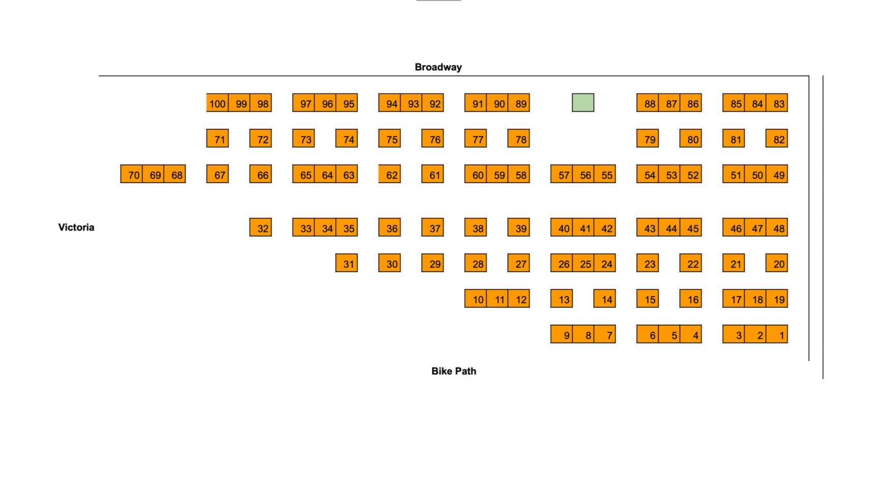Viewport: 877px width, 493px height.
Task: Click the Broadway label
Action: [438, 67]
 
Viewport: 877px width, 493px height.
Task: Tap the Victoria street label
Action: [76, 227]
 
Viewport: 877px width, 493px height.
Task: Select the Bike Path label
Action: [454, 371]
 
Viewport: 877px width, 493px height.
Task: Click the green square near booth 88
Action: [583, 103]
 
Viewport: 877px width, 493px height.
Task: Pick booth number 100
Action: [217, 103]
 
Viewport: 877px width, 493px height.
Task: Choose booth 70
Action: [132, 175]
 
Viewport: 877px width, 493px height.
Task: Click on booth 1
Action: [777, 335]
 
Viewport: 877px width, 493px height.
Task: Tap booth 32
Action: [260, 228]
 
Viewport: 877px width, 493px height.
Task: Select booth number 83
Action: [777, 103]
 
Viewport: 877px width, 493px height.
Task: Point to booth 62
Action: [390, 175]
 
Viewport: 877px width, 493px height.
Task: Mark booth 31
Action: [346, 264]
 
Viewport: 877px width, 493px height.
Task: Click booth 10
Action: [476, 299]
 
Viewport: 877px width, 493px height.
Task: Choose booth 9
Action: [562, 335]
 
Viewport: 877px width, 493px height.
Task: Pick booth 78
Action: [519, 139]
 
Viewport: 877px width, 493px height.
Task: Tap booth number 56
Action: [583, 175]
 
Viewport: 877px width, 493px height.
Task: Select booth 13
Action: [562, 299]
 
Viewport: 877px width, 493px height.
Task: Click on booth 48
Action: [777, 228]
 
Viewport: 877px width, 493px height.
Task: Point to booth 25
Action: [583, 264]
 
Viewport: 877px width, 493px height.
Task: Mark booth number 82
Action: [777, 139]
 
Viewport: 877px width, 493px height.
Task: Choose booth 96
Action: [325, 103]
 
